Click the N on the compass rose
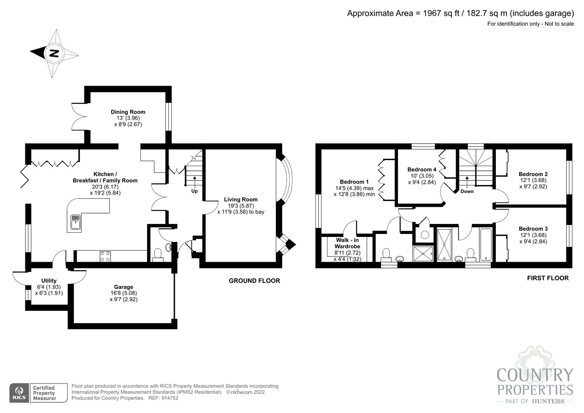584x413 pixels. tap(54, 54)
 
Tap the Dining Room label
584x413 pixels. tap(128, 112)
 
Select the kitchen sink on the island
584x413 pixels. tap(76, 222)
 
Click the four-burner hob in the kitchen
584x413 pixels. tap(105, 256)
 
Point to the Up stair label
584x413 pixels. tap(195, 191)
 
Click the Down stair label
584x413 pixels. tap(467, 191)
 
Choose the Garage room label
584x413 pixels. tap(124, 287)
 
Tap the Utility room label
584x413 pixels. tap(49, 281)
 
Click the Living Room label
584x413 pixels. tap(241, 199)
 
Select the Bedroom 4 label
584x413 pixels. tap(422, 170)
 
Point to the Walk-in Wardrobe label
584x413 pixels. tap(347, 243)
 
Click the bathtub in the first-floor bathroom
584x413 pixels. tap(486, 244)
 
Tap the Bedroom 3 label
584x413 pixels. tap(533, 229)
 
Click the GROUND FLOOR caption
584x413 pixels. tap(254, 281)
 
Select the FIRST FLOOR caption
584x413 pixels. tap(548, 278)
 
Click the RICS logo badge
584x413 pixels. tap(19, 393)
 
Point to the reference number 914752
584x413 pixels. tap(170, 398)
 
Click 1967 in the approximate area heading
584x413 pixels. tap(432, 13)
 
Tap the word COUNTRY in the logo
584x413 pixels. tap(535, 375)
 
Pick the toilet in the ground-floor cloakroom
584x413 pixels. tap(158, 255)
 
